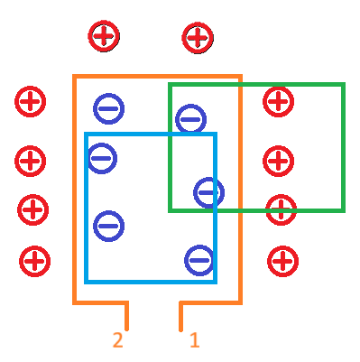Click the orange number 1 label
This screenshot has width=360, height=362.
point(194,340)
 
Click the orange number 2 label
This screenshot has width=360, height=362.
point(117,340)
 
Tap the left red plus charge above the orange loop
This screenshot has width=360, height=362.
point(103,36)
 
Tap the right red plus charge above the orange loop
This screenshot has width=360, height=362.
point(197,38)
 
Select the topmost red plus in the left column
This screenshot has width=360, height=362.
point(30,101)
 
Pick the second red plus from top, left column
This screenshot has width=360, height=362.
point(30,162)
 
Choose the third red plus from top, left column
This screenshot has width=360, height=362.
point(32,209)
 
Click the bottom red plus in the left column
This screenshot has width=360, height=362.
point(34,262)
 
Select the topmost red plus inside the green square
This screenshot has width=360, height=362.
point(278,101)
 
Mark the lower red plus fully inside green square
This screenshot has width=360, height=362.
point(278,161)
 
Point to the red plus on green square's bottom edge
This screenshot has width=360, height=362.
point(282,210)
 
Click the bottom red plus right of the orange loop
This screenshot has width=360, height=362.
point(282,262)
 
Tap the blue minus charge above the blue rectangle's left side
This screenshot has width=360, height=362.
point(108,108)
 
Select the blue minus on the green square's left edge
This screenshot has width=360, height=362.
point(190,119)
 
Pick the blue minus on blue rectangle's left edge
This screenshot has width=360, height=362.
point(102,158)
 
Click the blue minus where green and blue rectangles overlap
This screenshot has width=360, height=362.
point(208,191)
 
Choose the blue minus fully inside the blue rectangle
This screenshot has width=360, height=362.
point(108,226)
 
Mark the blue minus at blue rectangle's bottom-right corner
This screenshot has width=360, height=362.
point(199,260)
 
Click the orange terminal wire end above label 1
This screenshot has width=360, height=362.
point(181,327)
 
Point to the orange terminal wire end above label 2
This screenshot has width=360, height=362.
point(126,327)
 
